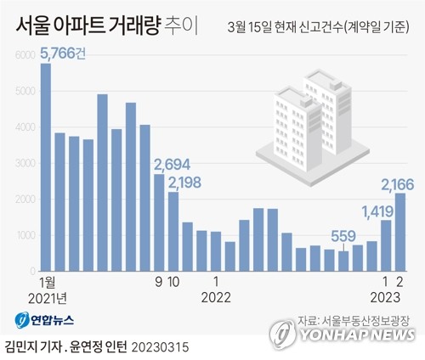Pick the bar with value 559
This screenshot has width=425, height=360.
[343, 261]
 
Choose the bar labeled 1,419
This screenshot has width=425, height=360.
[386, 245]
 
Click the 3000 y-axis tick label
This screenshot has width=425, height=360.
[25, 162]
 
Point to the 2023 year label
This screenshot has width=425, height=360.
[392, 296]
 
